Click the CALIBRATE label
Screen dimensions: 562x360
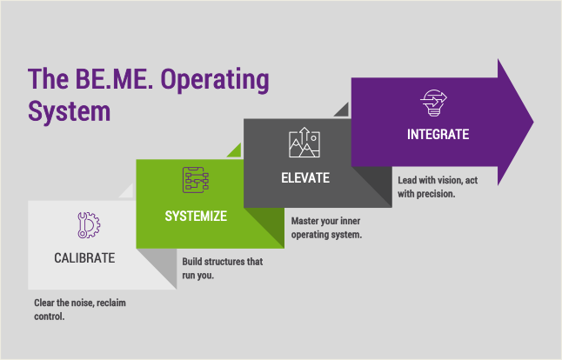pos(84,258)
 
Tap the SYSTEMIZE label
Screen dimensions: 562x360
pos(196,216)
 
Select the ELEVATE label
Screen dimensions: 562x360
pos(305,178)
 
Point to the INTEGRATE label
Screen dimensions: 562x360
pos(438,134)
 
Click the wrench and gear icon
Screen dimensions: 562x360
pos(89,225)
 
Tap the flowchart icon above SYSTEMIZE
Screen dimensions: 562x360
pos(196,180)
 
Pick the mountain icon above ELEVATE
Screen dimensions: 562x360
pos(304,143)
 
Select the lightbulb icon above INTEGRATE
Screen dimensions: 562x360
pos(434,103)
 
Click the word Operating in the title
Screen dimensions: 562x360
pos(214,80)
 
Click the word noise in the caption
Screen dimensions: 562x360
pos(82,303)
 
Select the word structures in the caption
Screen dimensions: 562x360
pos(224,262)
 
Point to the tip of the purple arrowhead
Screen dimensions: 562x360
pos(533,122)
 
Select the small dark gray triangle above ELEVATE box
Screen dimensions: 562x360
pos(343,111)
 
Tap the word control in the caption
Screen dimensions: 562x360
pos(49,317)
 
